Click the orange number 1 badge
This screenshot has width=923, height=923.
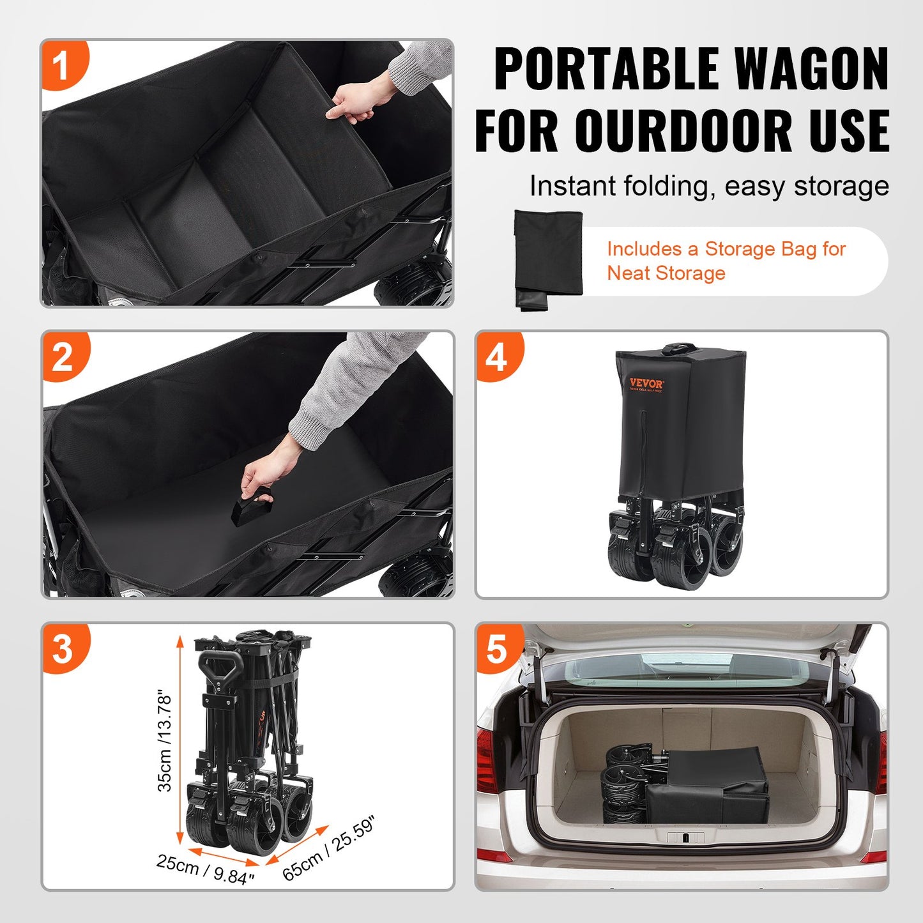(x=62, y=65)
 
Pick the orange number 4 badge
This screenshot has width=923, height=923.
(x=497, y=356)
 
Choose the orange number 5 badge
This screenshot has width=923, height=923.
(x=497, y=648)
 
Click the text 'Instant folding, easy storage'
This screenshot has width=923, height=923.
(x=709, y=187)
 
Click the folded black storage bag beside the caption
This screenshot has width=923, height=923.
(x=549, y=259)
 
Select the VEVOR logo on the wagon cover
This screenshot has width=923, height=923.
(x=646, y=384)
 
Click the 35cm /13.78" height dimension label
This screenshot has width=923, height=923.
(x=165, y=740)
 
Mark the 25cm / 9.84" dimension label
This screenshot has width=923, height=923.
(x=206, y=870)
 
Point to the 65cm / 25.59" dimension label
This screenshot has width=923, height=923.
(x=328, y=849)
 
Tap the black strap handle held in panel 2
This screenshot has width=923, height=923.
(x=252, y=508)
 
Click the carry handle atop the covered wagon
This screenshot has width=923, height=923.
(x=679, y=349)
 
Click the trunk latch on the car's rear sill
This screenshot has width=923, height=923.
(x=685, y=837)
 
